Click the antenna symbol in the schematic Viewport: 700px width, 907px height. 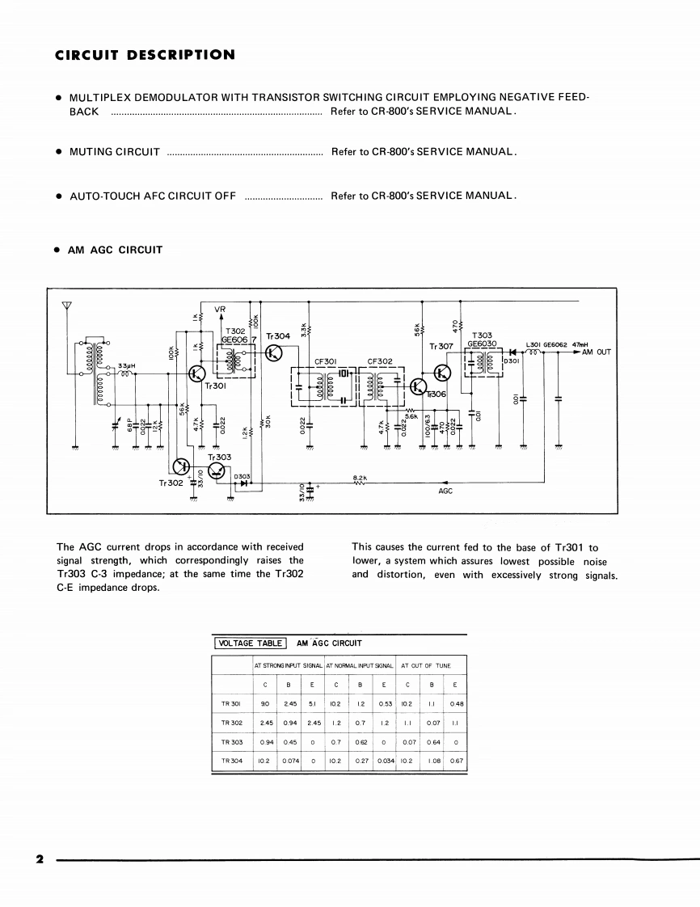tap(66, 306)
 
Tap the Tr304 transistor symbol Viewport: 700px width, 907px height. tap(275, 353)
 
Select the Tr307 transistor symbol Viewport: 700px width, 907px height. tap(443, 373)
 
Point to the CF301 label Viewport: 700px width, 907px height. tap(324, 361)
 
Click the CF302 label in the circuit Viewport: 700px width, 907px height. tap(379, 361)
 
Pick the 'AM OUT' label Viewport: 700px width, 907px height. tap(597, 352)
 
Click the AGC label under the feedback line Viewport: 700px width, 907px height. tap(445, 491)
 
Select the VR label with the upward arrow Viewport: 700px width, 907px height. tap(221, 309)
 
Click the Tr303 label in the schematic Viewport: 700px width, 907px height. tap(219, 457)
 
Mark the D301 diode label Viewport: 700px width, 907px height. tap(514, 361)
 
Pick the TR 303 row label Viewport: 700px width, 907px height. tap(232, 741)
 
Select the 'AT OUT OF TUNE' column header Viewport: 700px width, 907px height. tap(425, 665)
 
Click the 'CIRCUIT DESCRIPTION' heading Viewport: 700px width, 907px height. tap(145, 55)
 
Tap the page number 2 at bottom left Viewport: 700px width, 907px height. tap(38, 858)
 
